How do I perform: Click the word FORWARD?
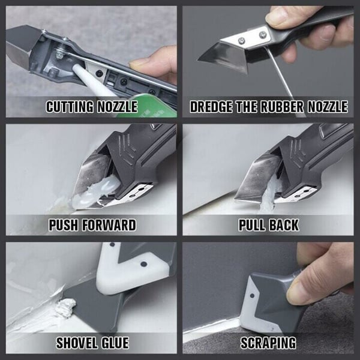108,226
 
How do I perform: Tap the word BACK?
284,226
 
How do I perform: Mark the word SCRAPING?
268,343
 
